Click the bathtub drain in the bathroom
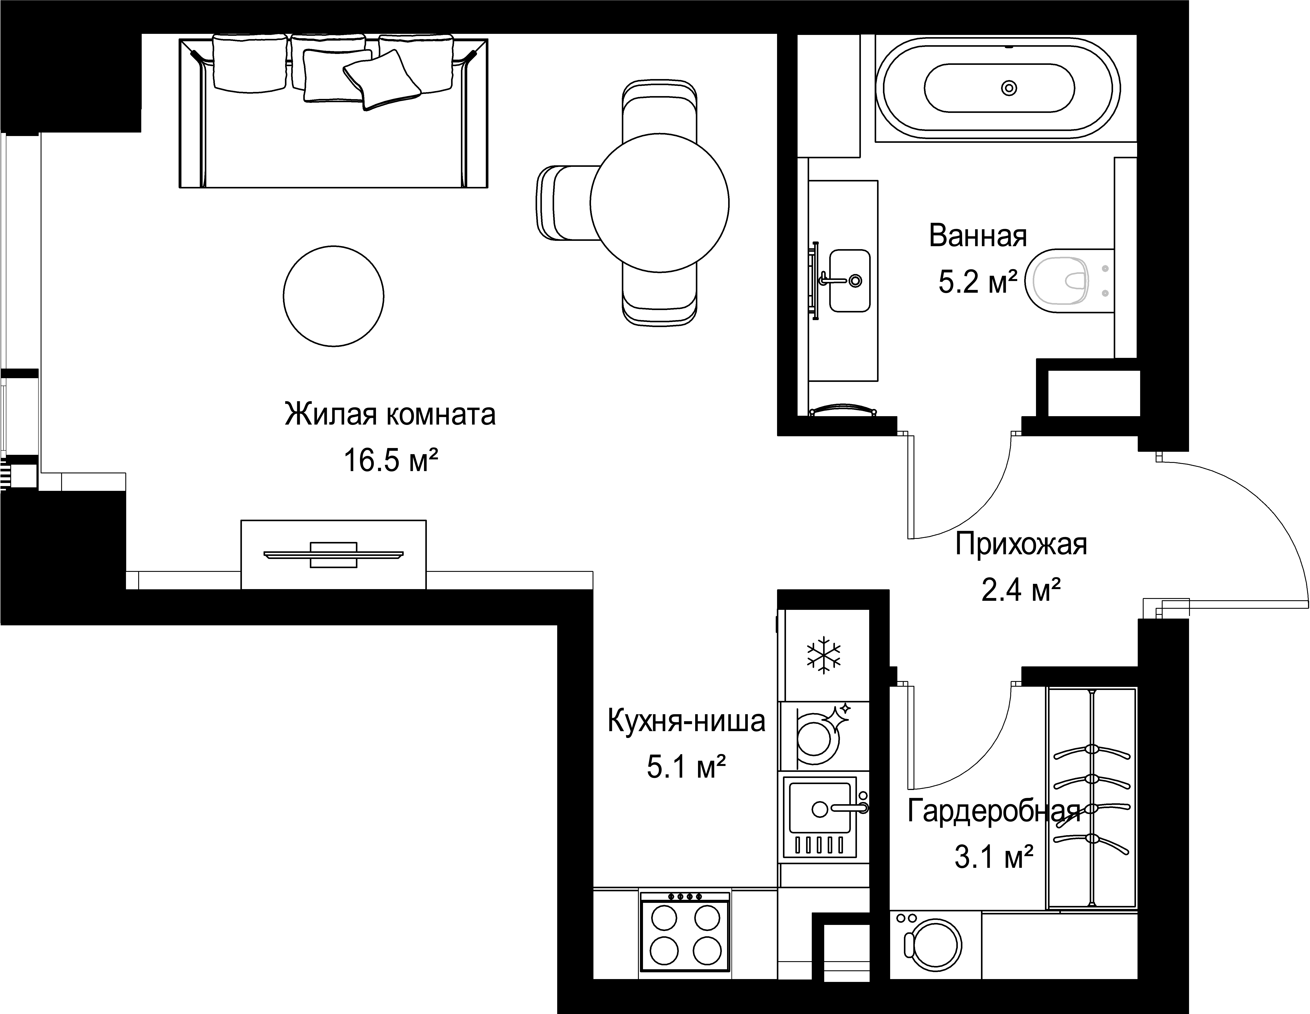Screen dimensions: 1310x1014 point(1009,88)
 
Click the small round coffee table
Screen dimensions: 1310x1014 point(333,296)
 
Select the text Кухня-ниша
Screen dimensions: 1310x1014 point(687,721)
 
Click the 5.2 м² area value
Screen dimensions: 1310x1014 point(978,282)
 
